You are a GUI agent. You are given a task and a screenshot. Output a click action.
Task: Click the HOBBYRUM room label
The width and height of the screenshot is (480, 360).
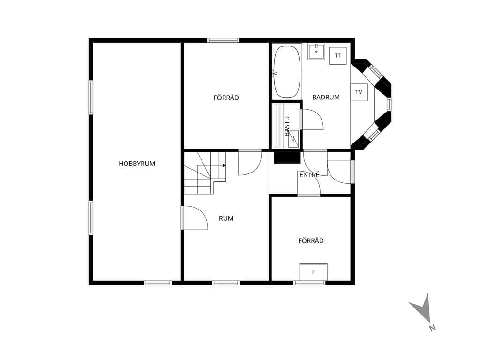(137, 164)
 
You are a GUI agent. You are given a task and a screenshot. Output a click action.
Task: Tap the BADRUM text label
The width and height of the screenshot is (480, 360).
(326, 97)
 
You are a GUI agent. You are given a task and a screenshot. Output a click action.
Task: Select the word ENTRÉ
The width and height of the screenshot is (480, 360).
(309, 175)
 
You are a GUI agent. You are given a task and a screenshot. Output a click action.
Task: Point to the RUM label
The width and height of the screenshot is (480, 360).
(226, 218)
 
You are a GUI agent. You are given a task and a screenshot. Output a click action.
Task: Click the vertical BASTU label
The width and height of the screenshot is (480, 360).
(287, 126)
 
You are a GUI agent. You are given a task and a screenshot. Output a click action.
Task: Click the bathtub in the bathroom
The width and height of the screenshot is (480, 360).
(286, 72)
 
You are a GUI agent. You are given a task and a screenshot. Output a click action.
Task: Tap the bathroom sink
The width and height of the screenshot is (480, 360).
(316, 52)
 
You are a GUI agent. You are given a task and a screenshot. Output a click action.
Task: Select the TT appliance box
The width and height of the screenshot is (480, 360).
(337, 56)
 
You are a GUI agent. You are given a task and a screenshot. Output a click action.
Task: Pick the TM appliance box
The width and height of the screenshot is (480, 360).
(359, 92)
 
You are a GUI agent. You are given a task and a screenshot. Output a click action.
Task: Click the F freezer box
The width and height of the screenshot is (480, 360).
(314, 272)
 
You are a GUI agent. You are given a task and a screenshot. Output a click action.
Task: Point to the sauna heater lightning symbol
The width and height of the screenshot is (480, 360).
(293, 139)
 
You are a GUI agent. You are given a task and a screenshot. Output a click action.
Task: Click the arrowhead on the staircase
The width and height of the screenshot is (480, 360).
(225, 165)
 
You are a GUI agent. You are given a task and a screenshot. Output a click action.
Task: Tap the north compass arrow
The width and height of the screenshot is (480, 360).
(423, 307)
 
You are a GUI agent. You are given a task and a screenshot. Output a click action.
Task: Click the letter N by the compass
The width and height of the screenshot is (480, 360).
(432, 328)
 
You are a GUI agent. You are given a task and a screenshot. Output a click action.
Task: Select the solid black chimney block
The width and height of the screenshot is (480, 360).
(287, 157)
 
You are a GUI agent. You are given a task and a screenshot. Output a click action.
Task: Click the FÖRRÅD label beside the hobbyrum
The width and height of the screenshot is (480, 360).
(226, 97)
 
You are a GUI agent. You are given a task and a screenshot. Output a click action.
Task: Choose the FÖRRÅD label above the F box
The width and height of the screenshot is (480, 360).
(311, 240)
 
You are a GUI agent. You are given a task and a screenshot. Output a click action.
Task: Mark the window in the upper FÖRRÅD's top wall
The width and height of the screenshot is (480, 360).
(223, 40)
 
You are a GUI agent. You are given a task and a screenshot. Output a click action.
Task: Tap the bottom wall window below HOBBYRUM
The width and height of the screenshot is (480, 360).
(158, 283)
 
